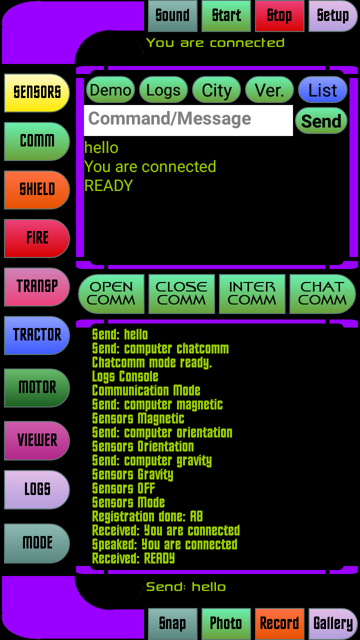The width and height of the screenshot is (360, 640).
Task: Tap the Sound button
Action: pos(172,16)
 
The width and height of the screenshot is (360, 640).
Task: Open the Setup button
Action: pos(333,16)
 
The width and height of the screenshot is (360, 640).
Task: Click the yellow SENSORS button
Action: pos(37,93)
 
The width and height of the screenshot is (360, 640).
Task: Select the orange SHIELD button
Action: pos(37,189)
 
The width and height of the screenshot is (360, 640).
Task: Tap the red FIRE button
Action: pos(37,238)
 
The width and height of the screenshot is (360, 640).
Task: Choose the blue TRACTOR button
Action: pos(37,335)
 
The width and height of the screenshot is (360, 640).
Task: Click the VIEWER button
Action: pos(37,440)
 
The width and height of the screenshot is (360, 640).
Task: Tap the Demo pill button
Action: pos(110,90)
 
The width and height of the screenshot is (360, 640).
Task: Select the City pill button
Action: pos(216,90)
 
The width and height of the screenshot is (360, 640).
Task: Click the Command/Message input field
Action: pos(188,120)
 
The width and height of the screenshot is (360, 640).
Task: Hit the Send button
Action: pos(321,121)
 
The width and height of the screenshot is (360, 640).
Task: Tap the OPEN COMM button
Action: pos(111,293)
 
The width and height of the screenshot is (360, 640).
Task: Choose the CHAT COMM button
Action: pos(322,293)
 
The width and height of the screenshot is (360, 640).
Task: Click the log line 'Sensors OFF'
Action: pos(123,488)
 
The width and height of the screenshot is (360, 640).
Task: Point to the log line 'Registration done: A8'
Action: pos(147,516)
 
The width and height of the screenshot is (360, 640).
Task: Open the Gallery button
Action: pos(333,624)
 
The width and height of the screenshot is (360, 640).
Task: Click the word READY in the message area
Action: pos(108,185)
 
